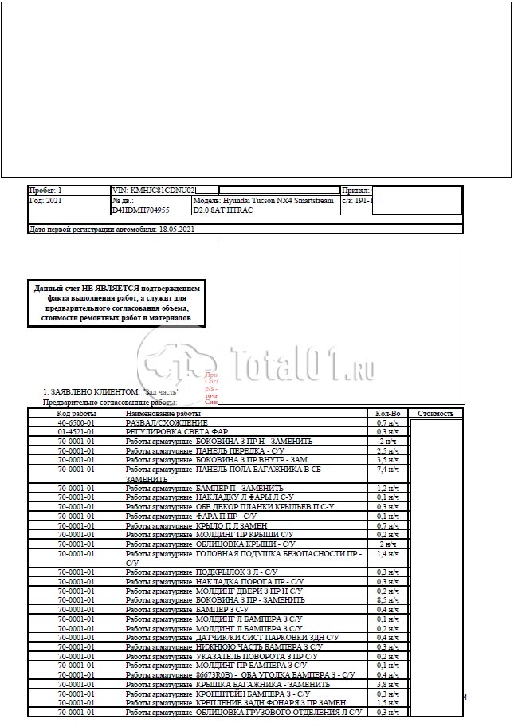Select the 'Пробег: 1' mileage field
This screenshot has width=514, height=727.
(x=45, y=191)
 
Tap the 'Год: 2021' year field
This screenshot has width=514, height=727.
(x=45, y=201)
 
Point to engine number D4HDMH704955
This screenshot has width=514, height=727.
(x=141, y=211)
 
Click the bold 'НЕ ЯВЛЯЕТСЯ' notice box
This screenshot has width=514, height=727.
(x=117, y=302)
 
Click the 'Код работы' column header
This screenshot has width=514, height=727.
(x=77, y=414)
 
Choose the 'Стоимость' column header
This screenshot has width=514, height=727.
(x=435, y=414)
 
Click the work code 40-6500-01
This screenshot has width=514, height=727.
(x=77, y=422)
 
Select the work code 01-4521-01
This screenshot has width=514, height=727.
(x=77, y=432)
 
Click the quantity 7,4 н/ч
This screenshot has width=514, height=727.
(x=387, y=470)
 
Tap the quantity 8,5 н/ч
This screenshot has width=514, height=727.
(x=387, y=599)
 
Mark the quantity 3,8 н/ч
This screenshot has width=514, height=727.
(x=387, y=684)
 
